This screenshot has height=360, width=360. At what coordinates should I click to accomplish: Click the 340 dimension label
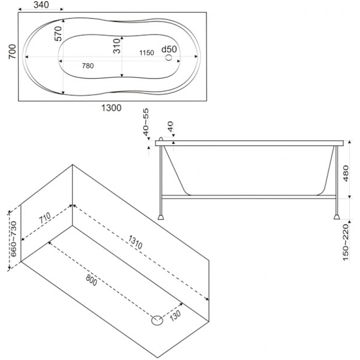pos(41,5)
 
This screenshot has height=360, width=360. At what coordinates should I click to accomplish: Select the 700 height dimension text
pos(12,52)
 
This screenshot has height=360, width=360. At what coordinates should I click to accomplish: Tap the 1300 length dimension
pos(112,108)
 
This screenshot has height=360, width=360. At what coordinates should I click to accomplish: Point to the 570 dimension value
pos(58,34)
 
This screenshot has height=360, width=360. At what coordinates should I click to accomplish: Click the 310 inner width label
pos(117,46)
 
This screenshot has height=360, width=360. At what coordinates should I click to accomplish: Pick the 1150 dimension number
pos(147,53)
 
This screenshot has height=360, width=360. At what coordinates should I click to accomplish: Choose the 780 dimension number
pos(88,66)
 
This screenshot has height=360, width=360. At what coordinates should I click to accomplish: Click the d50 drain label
pos(169,49)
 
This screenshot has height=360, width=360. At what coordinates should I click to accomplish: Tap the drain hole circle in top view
pos(169,58)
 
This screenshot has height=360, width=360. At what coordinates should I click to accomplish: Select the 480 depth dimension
pos(346,173)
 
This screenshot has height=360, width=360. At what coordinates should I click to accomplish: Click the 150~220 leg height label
pos(346,242)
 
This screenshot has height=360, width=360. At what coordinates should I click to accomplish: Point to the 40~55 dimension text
pos(146,122)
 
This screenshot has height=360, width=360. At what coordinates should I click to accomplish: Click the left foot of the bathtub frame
pos(161,217)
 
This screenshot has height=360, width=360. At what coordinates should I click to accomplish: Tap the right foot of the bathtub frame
pos(337,217)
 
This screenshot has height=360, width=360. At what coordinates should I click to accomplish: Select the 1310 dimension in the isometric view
pos(136,242)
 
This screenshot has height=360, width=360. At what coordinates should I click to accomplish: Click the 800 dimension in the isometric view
pos(92,280)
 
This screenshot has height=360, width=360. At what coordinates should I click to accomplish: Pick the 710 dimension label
pos(45,218)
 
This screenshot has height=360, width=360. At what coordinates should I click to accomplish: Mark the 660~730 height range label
pos(14,239)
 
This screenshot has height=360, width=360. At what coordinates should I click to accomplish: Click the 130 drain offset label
pos(176,316)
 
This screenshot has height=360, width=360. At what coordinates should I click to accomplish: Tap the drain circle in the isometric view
pos(157,320)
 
